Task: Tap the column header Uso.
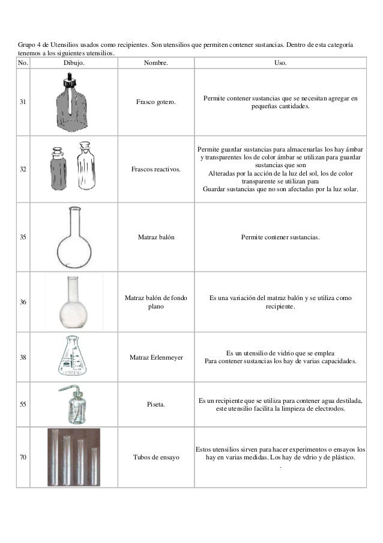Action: click(280, 63)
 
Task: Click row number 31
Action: click(23, 102)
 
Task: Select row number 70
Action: click(23, 458)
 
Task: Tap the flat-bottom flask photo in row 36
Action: click(73, 301)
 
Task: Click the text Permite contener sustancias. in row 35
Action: click(280, 238)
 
